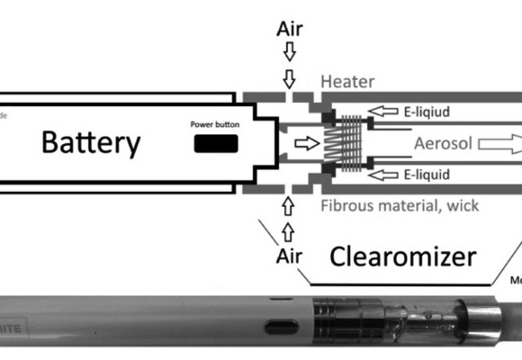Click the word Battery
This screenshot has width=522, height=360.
pyautogui.click(x=92, y=142)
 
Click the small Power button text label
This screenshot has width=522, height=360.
pyautogui.click(x=213, y=124)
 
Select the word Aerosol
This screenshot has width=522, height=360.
pyautogui.click(x=443, y=143)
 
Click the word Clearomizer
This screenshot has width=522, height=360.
pyautogui.click(x=401, y=257)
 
